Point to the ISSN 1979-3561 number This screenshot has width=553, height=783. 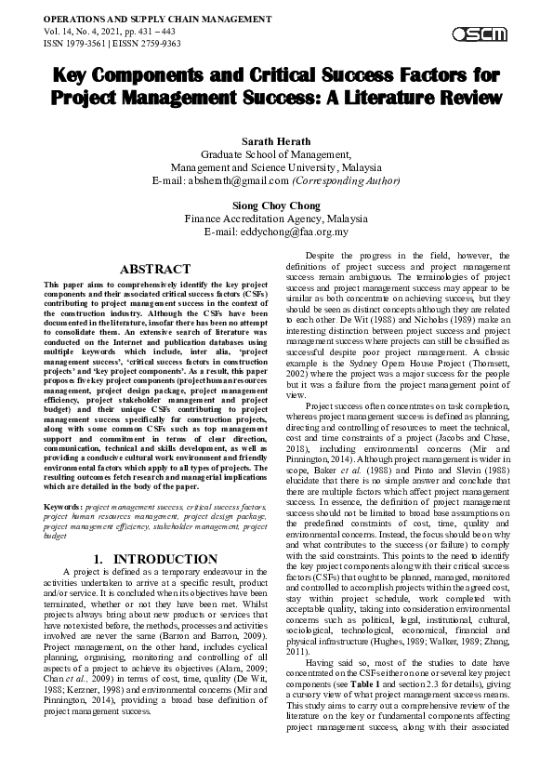pos(78,43)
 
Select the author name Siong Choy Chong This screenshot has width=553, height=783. pos(275,205)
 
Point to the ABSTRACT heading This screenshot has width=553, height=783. pos(156,269)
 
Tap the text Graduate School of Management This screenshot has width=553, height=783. pos(275,153)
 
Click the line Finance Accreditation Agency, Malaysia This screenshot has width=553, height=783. pos(275,219)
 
